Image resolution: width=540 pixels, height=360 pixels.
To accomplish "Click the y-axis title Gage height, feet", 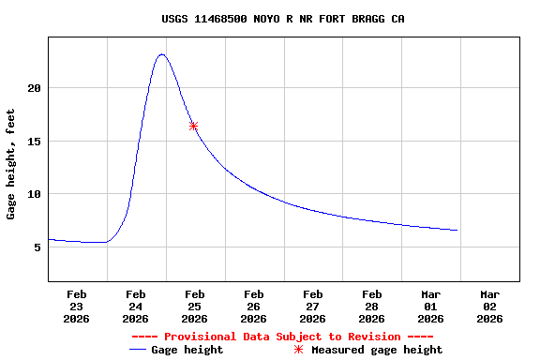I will point(11,164).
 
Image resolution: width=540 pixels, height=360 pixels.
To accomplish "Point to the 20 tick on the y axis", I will point(34,88).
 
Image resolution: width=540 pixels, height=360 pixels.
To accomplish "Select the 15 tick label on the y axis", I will point(34,142).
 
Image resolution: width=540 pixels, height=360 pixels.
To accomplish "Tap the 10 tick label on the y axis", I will point(34,194).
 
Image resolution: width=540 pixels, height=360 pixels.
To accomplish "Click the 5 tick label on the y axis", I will point(37,247).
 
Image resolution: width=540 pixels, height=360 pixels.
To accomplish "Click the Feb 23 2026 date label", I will point(77,307).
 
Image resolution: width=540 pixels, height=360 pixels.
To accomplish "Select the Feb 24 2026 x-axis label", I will point(135,307).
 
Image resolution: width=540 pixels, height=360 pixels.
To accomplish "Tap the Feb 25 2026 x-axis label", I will point(194,307).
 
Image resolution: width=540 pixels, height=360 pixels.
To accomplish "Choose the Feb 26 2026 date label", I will point(253,307).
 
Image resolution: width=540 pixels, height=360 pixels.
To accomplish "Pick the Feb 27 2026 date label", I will point(312,307).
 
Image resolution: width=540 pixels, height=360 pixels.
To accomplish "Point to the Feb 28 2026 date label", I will point(371,307).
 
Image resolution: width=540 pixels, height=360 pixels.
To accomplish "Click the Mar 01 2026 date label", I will point(430,307).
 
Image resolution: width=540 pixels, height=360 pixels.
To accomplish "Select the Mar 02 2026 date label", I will point(489,307).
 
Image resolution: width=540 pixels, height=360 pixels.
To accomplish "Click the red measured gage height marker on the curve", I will point(193,126).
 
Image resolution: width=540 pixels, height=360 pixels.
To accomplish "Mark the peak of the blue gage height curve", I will point(162,54).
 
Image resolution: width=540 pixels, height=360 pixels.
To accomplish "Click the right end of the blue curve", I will point(457,230).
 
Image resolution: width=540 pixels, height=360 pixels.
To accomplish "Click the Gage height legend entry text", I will point(187,350).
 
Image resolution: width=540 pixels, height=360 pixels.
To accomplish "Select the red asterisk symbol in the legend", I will point(299,350).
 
